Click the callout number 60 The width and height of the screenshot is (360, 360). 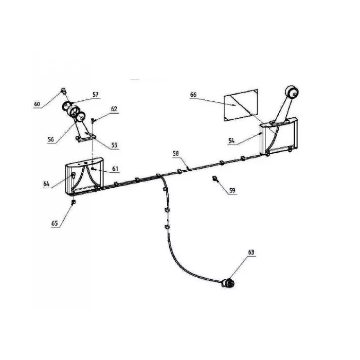tap(37, 104)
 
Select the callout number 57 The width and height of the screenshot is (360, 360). tap(96, 94)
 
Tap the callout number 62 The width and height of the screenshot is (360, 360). tap(114, 109)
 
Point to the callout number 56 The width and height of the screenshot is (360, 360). tap(51, 139)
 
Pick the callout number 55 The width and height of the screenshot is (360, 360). tap(114, 145)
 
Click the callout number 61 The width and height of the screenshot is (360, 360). tap(115, 169)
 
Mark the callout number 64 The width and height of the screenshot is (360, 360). tap(46, 184)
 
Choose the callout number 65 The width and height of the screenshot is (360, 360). tap(55, 223)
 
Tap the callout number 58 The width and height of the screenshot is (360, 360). tap(176, 153)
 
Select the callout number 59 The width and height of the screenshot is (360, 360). tap(232, 190)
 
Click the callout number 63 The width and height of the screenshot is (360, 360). tap(251, 253)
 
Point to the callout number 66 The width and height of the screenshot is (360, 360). tap(193, 95)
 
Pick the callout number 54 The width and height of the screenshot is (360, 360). tap(231, 140)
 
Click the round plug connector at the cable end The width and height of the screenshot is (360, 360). tap(228, 283)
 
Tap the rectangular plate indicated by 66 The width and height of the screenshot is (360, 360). tap(241, 105)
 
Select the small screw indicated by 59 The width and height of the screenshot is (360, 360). tap(215, 178)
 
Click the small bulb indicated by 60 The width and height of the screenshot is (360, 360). tap(63, 91)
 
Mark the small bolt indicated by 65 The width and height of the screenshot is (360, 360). tap(74, 202)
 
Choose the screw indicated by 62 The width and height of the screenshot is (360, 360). tap(93, 120)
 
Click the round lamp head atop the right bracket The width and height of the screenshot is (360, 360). tap(292, 92)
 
